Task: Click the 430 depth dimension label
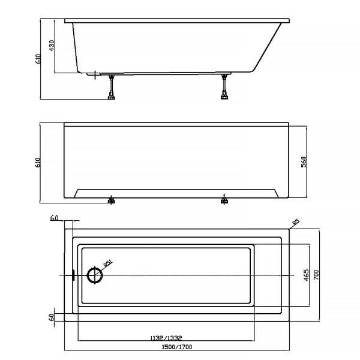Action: tap(52, 46)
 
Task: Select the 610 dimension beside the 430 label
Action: tap(38, 59)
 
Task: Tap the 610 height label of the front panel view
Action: tap(38, 162)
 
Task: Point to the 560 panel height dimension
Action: tap(304, 162)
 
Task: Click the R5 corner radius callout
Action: tap(295, 223)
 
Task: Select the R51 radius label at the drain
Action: tap(107, 263)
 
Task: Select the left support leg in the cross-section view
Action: tap(111, 87)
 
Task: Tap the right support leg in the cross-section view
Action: tap(224, 87)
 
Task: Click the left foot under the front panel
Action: tap(111, 201)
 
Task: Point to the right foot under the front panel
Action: tap(224, 201)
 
